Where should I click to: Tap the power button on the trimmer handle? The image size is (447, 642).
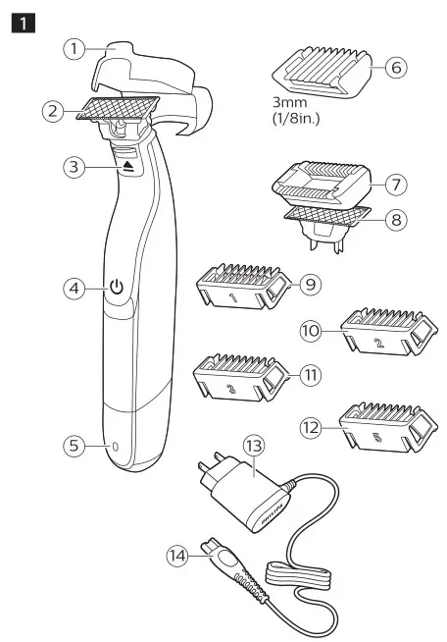tap(117, 289)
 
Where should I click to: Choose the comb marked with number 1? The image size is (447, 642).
tap(237, 291)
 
